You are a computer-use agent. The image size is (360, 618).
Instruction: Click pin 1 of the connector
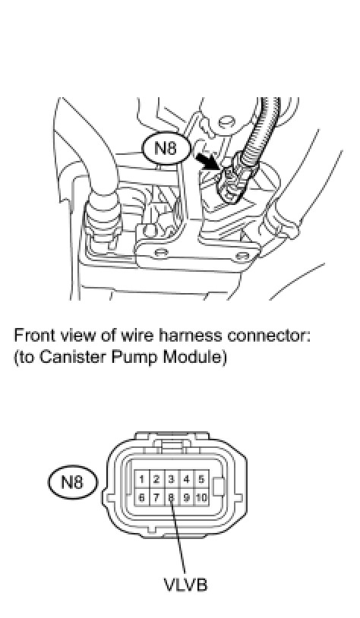pyautogui.click(x=141, y=479)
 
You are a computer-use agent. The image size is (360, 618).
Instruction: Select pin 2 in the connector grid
pyautogui.click(x=156, y=479)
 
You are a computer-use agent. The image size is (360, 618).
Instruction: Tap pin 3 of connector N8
pyautogui.click(x=171, y=479)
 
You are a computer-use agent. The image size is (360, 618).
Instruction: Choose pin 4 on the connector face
pyautogui.click(x=186, y=479)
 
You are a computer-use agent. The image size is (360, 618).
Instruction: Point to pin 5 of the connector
pyautogui.click(x=201, y=479)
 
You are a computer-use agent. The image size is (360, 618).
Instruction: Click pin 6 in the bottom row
pyautogui.click(x=141, y=497)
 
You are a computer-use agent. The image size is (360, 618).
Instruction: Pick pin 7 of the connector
pyautogui.click(x=156, y=497)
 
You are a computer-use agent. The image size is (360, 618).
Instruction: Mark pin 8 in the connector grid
pyautogui.click(x=171, y=497)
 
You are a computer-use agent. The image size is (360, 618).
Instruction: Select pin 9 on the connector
pyautogui.click(x=186, y=497)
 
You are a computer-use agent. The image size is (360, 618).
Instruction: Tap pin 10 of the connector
pyautogui.click(x=201, y=497)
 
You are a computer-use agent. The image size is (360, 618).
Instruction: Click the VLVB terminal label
pyautogui.click(x=185, y=584)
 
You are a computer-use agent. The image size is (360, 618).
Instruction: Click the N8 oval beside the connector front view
pyautogui.click(x=73, y=482)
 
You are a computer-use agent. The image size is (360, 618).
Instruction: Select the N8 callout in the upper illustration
pyautogui.click(x=166, y=149)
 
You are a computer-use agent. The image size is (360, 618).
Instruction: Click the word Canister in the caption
pyautogui.click(x=74, y=357)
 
